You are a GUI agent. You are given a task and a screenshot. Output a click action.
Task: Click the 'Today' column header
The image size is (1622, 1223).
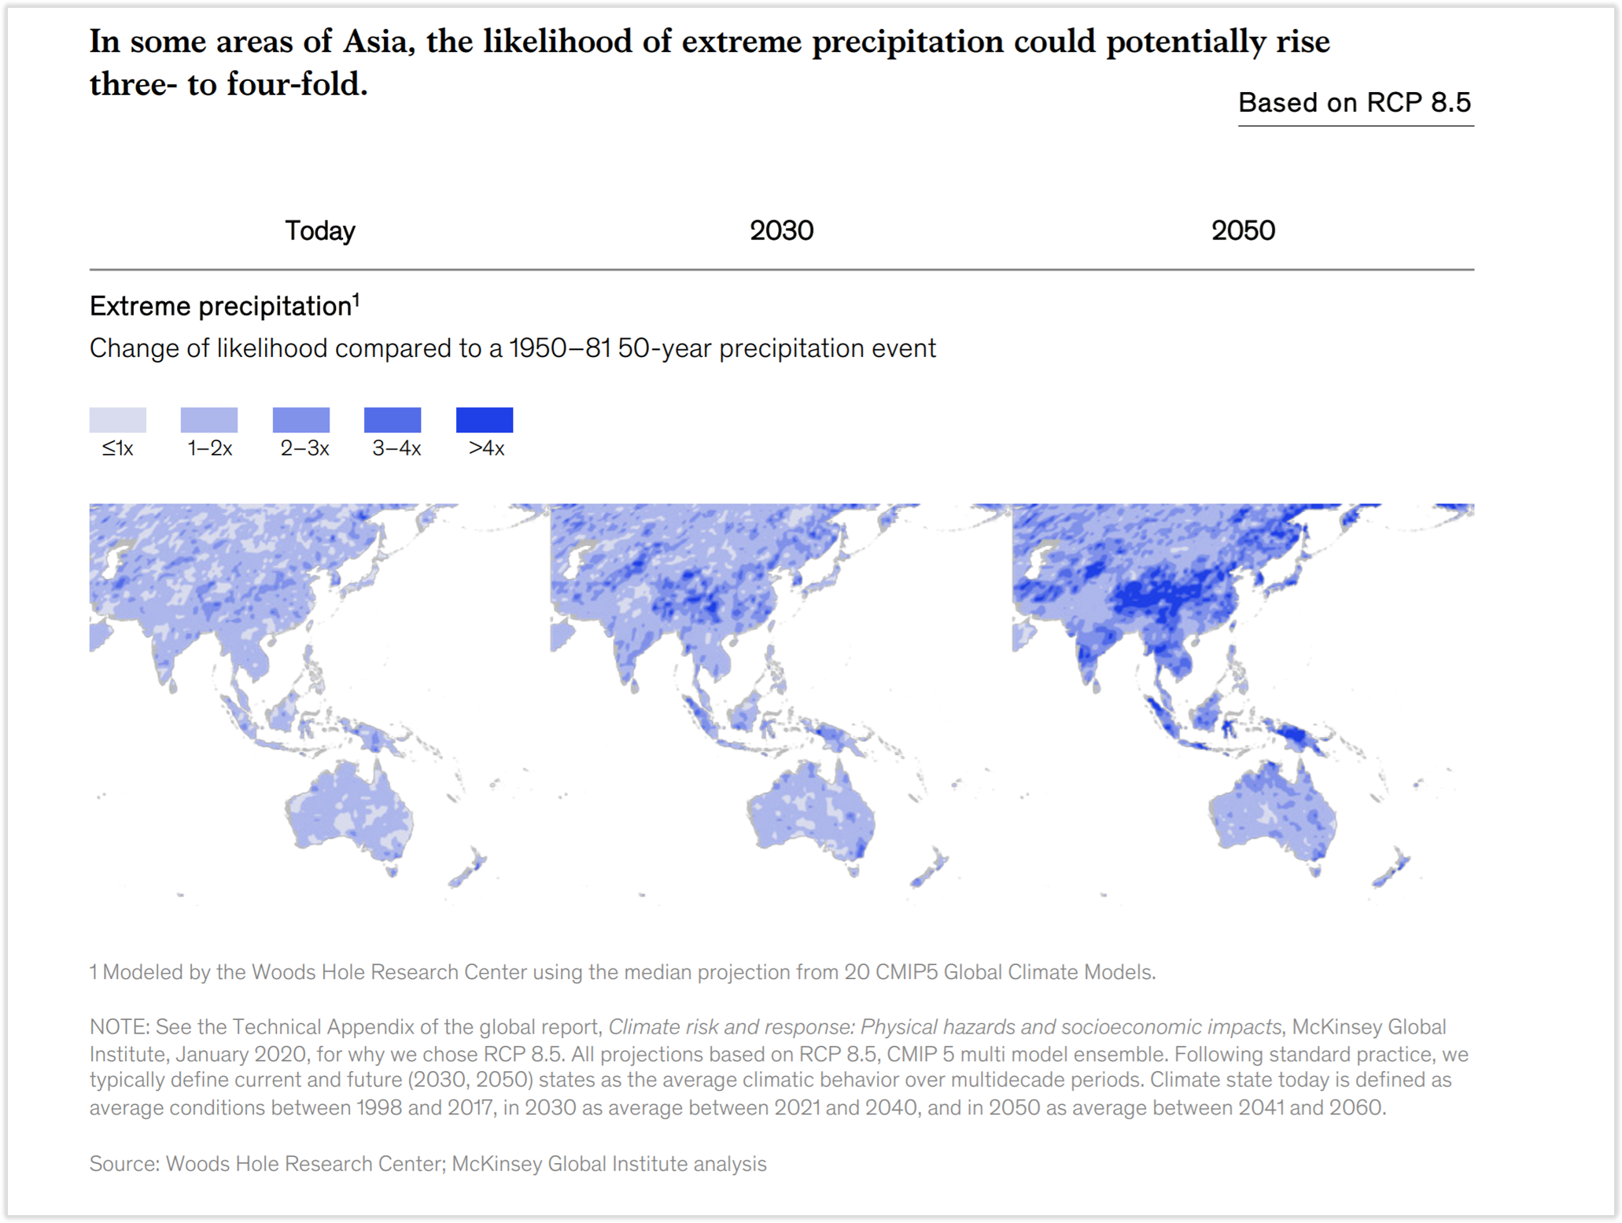pyautogui.click(x=319, y=230)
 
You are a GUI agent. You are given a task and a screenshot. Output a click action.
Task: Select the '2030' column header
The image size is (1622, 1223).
pyautogui.click(x=781, y=230)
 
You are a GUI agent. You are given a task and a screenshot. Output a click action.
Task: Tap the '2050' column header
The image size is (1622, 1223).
pyautogui.click(x=1243, y=230)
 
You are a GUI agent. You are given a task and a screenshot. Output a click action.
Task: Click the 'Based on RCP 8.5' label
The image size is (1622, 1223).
pyautogui.click(x=1355, y=103)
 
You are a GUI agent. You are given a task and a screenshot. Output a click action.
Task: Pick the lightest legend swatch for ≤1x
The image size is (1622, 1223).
pyautogui.click(x=117, y=420)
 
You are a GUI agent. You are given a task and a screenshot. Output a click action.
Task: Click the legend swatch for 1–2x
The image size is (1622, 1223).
pyautogui.click(x=209, y=420)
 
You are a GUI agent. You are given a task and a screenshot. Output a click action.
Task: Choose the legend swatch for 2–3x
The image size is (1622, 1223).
pyautogui.click(x=301, y=420)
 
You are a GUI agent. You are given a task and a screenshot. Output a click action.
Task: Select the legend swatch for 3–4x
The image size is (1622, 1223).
pyautogui.click(x=393, y=420)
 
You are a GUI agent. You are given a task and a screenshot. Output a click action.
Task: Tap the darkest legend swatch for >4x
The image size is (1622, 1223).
pyautogui.click(x=485, y=420)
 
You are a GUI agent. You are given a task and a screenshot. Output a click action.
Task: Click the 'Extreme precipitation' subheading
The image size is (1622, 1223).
pyautogui.click(x=219, y=306)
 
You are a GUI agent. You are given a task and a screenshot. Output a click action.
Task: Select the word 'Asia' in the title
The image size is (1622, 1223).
pyautogui.click(x=378, y=42)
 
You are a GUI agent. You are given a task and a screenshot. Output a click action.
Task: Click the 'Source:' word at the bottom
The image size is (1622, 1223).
pyautogui.click(x=124, y=1163)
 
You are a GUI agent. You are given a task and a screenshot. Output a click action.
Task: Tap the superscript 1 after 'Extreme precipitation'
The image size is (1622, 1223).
pyautogui.click(x=356, y=299)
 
